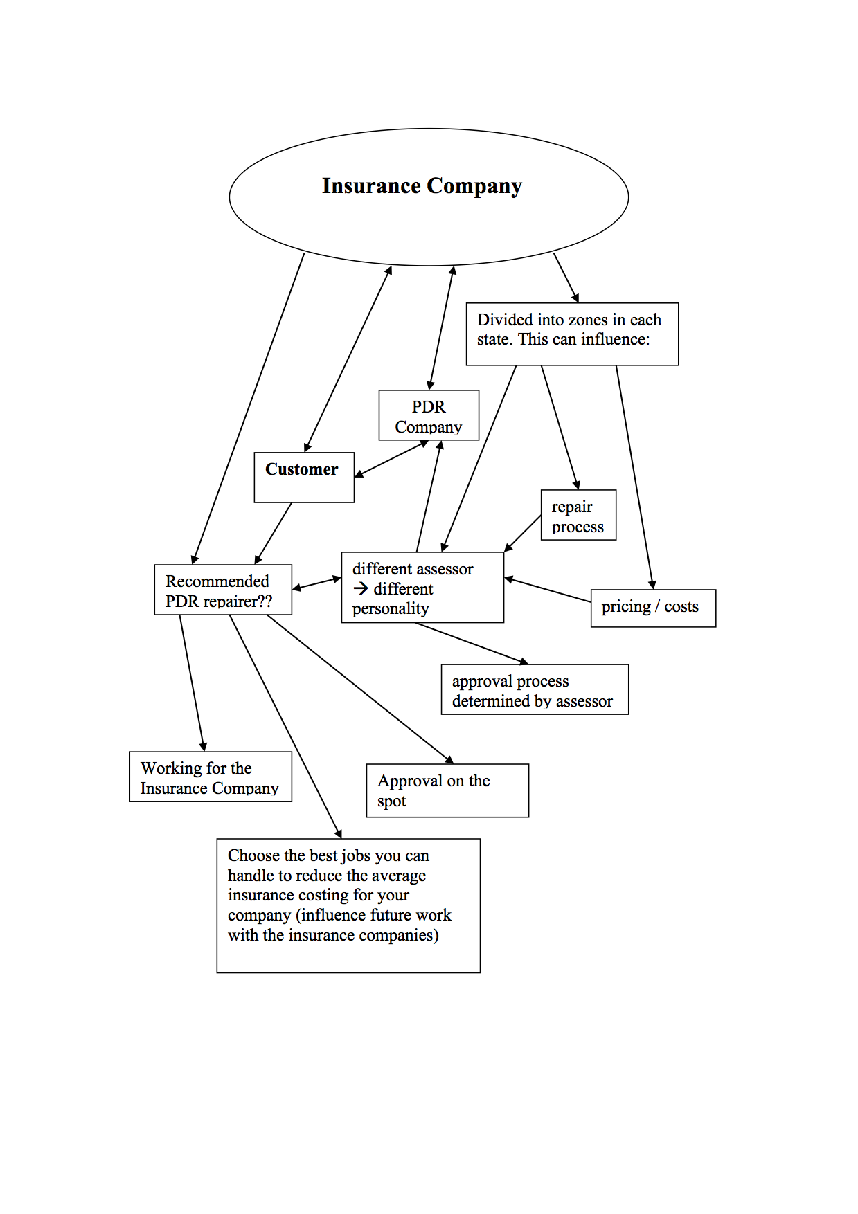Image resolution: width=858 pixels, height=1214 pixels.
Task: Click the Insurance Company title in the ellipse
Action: point(422,186)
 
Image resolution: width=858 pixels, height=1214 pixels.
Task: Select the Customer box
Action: point(304,477)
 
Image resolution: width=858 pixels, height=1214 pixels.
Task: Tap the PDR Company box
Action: point(429,415)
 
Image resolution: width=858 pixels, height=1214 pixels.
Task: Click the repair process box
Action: point(578,515)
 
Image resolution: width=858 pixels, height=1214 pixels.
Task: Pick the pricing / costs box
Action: point(653,608)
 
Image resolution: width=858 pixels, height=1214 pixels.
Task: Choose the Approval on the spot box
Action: point(447,790)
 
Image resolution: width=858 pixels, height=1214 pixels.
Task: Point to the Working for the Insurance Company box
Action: point(211,777)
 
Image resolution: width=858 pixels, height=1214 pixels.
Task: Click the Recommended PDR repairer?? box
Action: point(223,590)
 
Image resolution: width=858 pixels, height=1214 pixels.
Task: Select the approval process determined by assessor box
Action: point(535,689)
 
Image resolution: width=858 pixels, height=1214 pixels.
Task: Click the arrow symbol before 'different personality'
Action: point(360,589)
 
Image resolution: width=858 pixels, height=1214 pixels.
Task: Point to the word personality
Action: point(391,608)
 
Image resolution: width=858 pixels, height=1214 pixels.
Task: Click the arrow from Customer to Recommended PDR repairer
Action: point(274,533)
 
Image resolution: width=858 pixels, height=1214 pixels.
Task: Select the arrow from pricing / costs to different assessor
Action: point(547,590)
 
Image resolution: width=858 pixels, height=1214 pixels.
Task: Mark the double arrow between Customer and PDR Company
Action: point(392,459)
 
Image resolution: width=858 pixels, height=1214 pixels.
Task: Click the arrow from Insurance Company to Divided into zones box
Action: point(566,278)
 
